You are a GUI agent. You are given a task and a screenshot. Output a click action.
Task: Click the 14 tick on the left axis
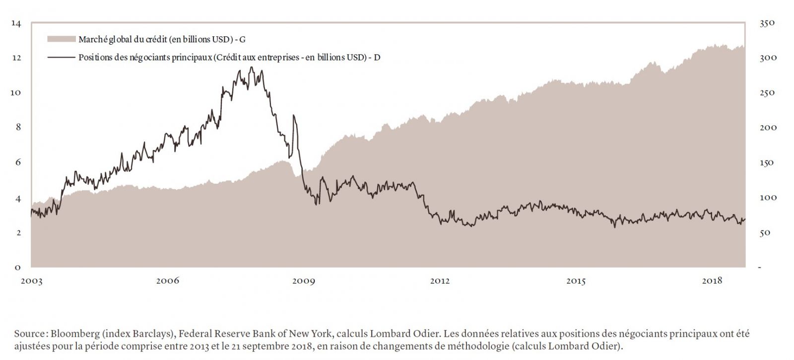17,23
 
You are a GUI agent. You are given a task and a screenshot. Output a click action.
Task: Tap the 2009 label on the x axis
303,281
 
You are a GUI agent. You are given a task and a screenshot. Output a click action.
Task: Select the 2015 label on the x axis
576,281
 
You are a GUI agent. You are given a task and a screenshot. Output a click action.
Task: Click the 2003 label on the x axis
31,281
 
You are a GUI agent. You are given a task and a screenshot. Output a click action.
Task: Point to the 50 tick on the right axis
765,233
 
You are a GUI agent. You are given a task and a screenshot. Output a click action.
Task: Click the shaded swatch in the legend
62,39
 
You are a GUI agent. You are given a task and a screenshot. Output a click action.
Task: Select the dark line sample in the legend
62,57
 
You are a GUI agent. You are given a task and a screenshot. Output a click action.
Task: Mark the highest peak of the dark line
252,67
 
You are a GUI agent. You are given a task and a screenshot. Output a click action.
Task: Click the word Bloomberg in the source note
72,334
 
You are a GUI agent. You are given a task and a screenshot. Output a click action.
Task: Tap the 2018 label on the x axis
712,281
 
